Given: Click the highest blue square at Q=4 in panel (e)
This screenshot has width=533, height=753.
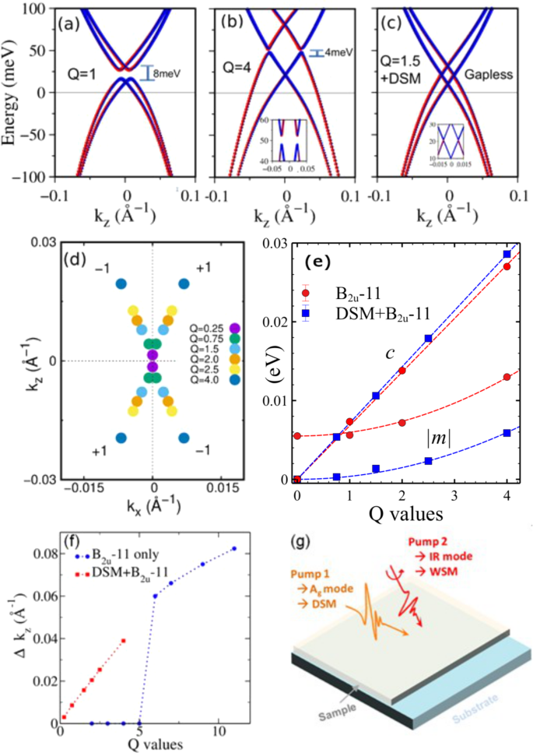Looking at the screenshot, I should [507, 254].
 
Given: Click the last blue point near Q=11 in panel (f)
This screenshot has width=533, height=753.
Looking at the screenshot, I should [234, 548].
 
